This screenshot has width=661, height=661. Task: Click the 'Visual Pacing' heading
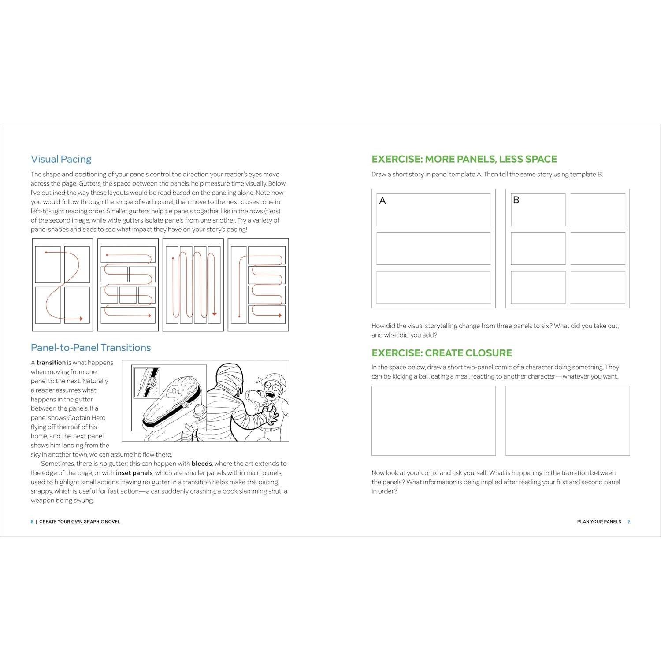[61, 159]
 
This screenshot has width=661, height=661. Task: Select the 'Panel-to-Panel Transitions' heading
[91, 348]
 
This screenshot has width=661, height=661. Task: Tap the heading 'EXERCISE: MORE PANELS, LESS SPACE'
[464, 159]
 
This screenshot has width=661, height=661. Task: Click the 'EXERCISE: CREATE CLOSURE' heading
[442, 353]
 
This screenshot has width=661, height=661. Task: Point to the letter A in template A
[382, 201]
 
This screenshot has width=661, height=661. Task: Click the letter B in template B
[516, 200]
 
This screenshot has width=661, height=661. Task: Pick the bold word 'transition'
[51, 363]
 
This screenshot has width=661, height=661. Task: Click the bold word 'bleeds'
[201, 464]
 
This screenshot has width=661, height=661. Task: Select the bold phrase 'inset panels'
[134, 473]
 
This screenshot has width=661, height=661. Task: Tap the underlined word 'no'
[103, 464]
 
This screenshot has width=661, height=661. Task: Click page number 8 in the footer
[32, 522]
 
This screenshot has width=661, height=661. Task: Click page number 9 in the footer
[628, 522]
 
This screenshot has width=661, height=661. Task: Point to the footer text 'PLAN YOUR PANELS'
[599, 522]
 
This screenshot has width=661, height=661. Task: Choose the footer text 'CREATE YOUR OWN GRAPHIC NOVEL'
[80, 522]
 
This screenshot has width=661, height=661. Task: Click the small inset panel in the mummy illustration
[146, 382]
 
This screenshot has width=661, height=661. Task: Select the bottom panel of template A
[433, 287]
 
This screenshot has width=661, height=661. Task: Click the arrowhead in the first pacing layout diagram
[81, 319]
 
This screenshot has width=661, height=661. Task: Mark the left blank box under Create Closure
[433, 420]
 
